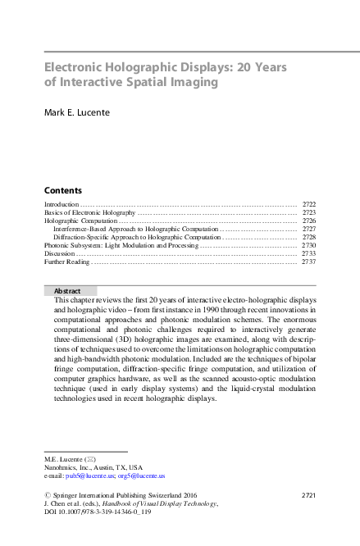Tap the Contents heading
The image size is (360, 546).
click(x=62, y=189)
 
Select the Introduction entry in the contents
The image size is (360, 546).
click(x=62, y=203)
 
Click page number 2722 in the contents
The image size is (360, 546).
click(x=309, y=203)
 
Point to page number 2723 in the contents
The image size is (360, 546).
click(x=309, y=212)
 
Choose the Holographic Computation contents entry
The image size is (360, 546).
click(x=80, y=221)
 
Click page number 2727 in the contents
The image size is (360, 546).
click(x=309, y=229)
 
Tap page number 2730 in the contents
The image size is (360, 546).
click(x=309, y=245)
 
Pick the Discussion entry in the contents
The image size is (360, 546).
click(x=60, y=253)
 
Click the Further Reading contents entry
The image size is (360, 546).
click(x=66, y=262)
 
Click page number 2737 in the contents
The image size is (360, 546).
click(x=309, y=262)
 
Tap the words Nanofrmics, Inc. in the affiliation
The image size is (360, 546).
click(x=67, y=466)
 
